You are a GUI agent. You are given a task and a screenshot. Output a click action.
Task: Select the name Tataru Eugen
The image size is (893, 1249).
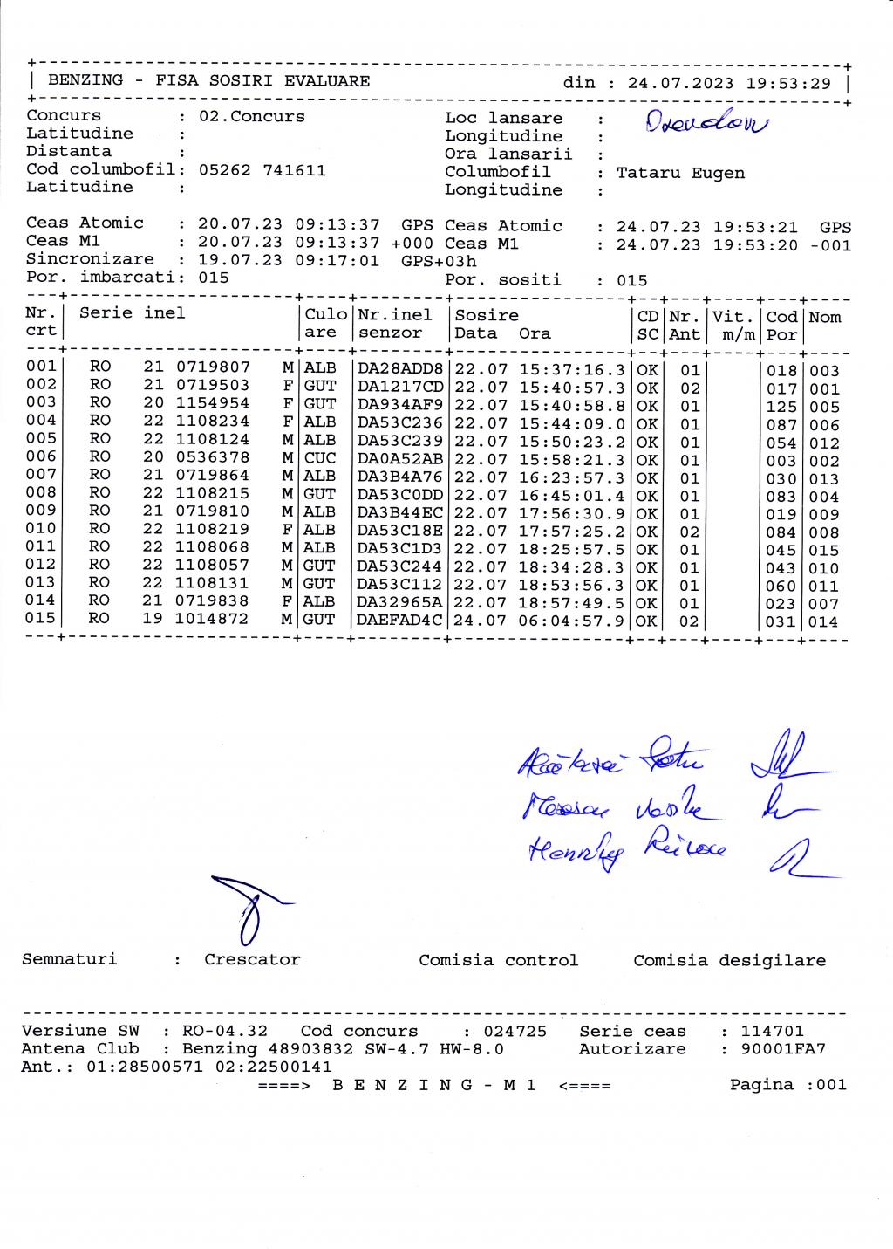coord(680,173)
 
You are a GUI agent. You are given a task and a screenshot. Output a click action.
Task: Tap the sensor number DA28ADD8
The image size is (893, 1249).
coord(400,368)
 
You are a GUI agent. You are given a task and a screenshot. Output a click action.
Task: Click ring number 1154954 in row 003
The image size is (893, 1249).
coord(212,404)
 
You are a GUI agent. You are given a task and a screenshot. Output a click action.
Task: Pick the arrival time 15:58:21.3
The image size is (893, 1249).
coord(572,459)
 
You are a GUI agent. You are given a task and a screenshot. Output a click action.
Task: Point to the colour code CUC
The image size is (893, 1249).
coord(320,458)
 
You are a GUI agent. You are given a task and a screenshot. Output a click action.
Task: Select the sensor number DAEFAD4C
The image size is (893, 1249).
coord(400,621)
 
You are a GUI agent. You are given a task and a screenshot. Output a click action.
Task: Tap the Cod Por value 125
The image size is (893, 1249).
coord(781,407)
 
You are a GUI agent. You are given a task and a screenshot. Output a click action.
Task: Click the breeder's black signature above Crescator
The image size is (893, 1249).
coord(248,908)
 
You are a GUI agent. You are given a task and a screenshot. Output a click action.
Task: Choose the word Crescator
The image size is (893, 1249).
coord(252,960)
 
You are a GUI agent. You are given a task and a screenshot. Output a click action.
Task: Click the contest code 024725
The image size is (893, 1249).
coord(515,1032)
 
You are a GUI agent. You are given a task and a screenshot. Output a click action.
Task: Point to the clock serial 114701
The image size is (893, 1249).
coord(773,1032)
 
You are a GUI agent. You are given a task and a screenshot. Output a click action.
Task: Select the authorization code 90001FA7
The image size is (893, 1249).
coord(782,1049)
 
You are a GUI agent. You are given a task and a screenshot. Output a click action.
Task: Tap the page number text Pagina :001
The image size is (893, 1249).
coord(787,1085)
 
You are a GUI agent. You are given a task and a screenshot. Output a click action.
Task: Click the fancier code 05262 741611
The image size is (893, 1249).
coord(262,170)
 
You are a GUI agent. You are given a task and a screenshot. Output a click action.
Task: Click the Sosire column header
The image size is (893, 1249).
coord(487,316)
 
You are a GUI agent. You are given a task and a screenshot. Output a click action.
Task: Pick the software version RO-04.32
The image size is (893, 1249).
coord(225,1032)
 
